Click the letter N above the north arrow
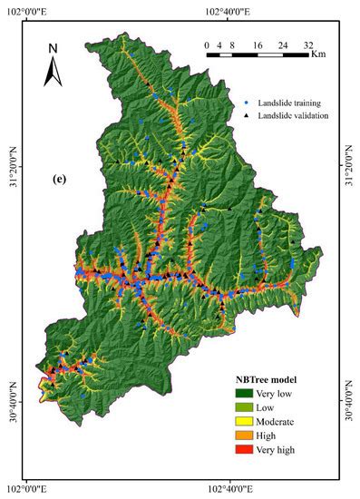click(53, 47)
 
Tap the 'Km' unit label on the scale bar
click(318, 54)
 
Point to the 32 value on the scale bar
click(308, 43)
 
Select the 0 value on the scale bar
click(207, 43)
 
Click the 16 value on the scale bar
click(258, 43)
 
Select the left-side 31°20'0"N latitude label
click(9, 168)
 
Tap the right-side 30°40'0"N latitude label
click(352, 392)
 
